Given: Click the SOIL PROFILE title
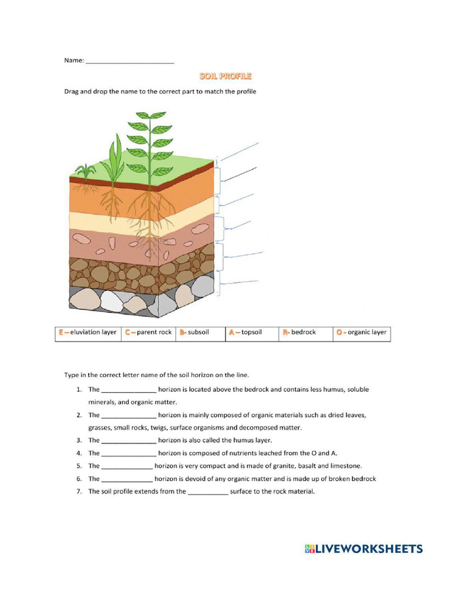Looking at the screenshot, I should click(x=225, y=76).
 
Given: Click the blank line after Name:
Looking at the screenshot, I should click(x=130, y=61).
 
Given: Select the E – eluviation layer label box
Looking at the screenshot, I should click(x=87, y=333).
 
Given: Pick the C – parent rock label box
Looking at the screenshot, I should click(x=148, y=333).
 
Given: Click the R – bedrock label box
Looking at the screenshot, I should click(x=305, y=333).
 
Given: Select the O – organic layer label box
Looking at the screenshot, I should click(x=361, y=333).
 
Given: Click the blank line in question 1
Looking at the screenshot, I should click(x=129, y=390).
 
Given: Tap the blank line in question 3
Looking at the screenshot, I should click(x=129, y=441).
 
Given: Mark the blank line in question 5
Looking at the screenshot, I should click(x=127, y=467).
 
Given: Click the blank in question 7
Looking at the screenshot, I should click(x=207, y=492).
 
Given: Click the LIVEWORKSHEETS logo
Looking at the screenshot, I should click(x=364, y=549).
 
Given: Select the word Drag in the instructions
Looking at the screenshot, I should click(x=72, y=92).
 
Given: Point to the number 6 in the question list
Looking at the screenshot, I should click(x=79, y=479).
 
